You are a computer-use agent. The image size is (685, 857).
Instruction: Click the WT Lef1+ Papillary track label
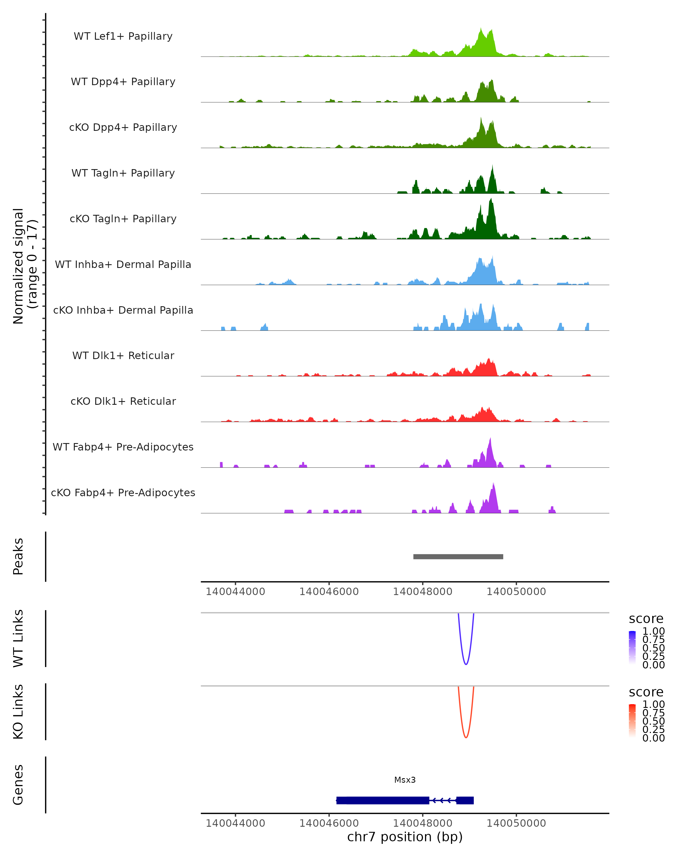[123, 36]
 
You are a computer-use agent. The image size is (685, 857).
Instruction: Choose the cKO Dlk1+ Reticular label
[123, 401]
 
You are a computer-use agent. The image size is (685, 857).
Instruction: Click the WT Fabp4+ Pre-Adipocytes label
[123, 447]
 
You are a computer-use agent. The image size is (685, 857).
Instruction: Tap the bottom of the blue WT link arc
[466, 664]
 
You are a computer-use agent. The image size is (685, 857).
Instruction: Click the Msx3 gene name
[405, 780]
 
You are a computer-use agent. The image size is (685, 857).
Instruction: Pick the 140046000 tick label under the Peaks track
[329, 592]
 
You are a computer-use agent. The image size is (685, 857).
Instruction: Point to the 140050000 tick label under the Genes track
[516, 823]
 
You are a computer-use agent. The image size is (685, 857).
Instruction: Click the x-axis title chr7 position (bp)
[405, 837]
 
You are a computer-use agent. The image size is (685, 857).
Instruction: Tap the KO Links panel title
[18, 712]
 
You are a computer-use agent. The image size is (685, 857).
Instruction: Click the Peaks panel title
[18, 556]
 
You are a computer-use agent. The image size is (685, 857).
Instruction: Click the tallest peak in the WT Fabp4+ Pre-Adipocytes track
[490, 438]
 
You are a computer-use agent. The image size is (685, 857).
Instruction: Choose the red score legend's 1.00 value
[653, 704]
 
